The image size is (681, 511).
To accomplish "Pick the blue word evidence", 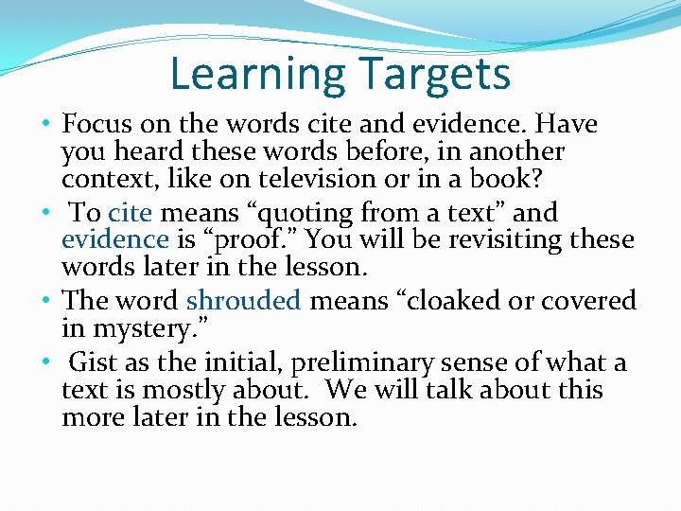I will coord(113,239).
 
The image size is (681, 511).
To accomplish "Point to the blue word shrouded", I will coord(243,301).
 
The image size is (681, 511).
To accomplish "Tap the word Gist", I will coord(93,362).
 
